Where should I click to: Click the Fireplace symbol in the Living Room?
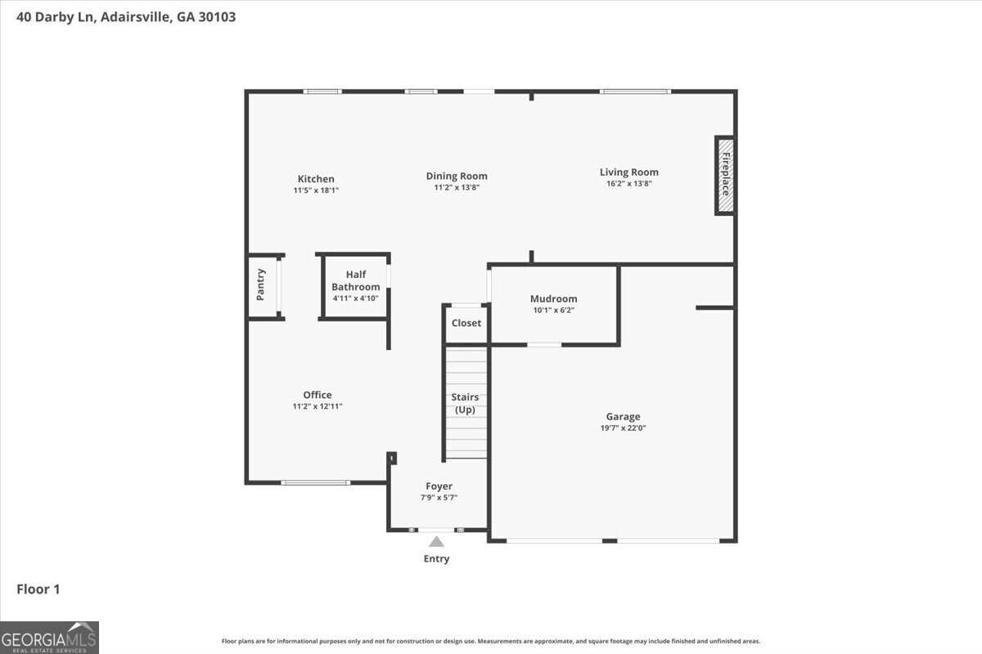click(x=725, y=176)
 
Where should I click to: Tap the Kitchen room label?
click(x=316, y=179)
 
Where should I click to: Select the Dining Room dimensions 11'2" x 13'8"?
click(x=457, y=188)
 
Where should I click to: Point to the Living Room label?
click(x=628, y=172)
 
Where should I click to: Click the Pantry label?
click(x=261, y=284)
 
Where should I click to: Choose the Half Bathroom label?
click(x=356, y=280)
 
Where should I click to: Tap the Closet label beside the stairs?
click(x=466, y=323)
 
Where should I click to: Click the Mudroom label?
click(x=553, y=298)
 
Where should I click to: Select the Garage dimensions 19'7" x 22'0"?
click(x=624, y=428)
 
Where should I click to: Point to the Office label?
click(x=318, y=395)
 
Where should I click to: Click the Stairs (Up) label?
click(x=466, y=403)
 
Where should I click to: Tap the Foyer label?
click(x=439, y=486)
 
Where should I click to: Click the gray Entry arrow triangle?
click(x=437, y=541)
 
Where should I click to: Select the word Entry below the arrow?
click(x=436, y=559)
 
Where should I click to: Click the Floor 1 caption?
click(x=38, y=589)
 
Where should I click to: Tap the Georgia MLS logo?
click(x=49, y=637)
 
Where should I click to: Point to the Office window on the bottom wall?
click(x=316, y=482)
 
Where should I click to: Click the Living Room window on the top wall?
click(x=635, y=92)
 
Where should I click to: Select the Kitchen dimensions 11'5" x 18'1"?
click(x=316, y=190)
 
